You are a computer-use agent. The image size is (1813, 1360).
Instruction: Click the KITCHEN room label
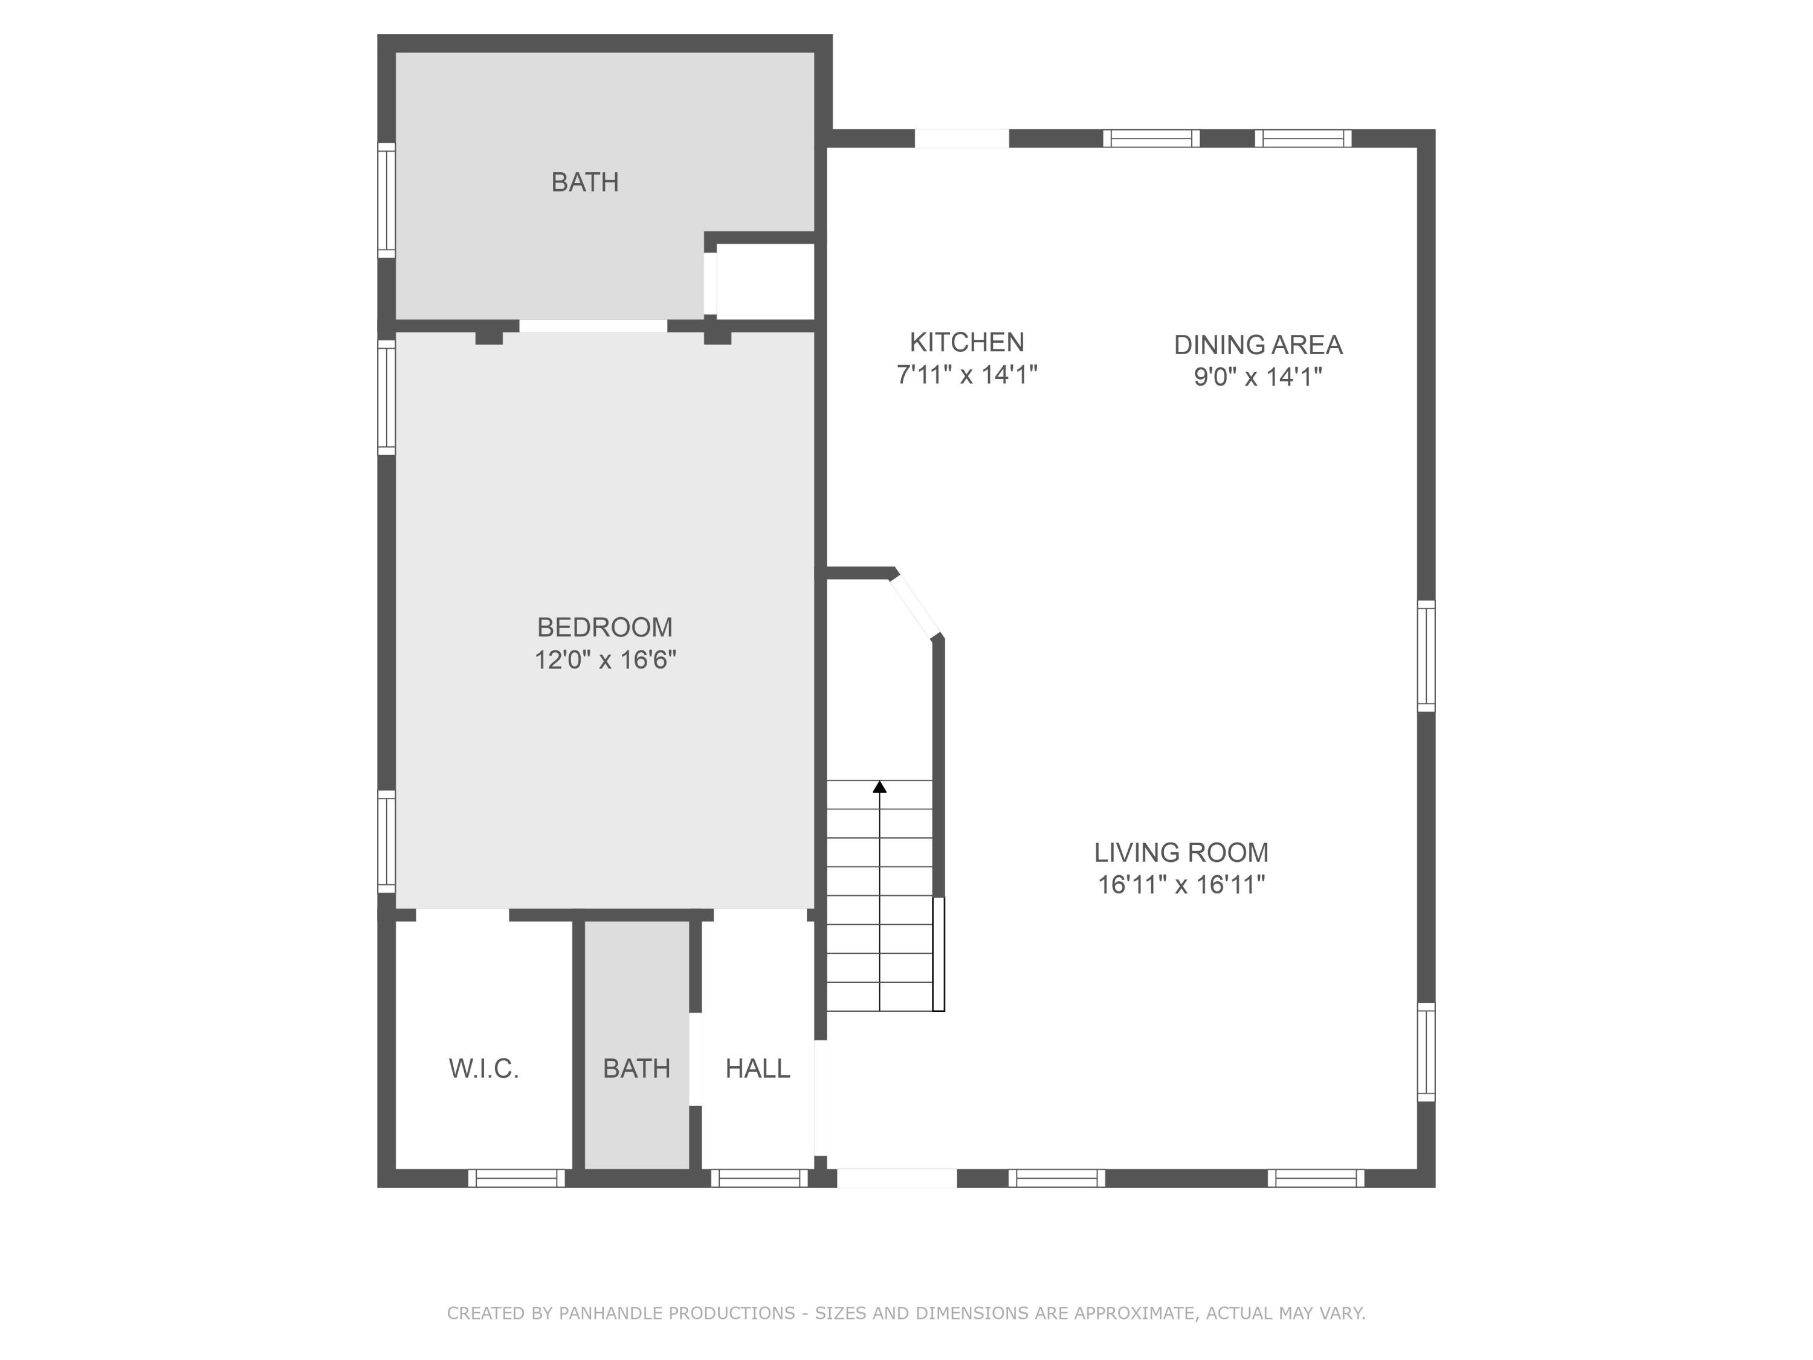pyautogui.click(x=966, y=342)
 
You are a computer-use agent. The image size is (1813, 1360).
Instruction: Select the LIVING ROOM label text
pyautogui.click(x=1180, y=852)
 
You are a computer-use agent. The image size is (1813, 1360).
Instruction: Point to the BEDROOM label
pyautogui.click(x=604, y=627)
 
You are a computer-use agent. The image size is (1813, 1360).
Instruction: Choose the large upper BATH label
pyautogui.click(x=584, y=182)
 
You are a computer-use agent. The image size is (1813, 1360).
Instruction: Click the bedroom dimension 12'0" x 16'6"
pyautogui.click(x=605, y=660)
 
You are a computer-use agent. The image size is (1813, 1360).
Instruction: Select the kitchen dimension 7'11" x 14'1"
pyautogui.click(x=967, y=375)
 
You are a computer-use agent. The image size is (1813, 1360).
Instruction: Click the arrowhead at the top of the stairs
pyautogui.click(x=879, y=787)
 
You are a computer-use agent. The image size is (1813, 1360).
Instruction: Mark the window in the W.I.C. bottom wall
pyautogui.click(x=516, y=1178)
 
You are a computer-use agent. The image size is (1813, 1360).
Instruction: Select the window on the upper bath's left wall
pyautogui.click(x=386, y=200)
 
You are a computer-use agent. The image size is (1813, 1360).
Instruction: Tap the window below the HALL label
pyautogui.click(x=759, y=1178)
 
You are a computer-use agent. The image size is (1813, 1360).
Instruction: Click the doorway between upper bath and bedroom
pyautogui.click(x=593, y=325)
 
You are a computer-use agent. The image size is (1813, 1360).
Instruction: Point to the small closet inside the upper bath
pyautogui.click(x=764, y=281)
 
